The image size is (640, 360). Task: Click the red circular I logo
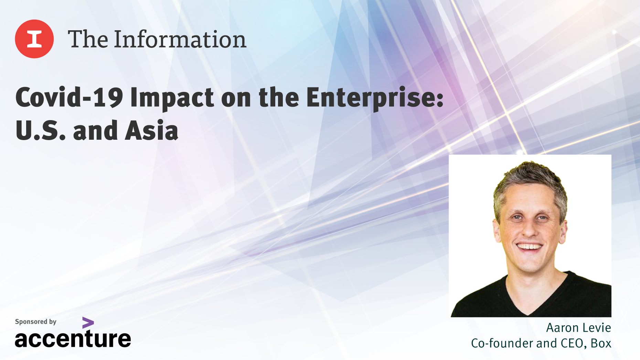34,39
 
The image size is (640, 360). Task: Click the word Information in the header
180,39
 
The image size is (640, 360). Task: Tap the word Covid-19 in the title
69,98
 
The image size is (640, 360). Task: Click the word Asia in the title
151,131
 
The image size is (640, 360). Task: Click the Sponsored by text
35,322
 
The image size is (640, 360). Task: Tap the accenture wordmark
73,339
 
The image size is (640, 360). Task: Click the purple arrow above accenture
88,323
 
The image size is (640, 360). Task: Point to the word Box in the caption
601,343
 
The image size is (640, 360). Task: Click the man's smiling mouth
530,246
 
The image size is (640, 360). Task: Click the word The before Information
88,39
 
